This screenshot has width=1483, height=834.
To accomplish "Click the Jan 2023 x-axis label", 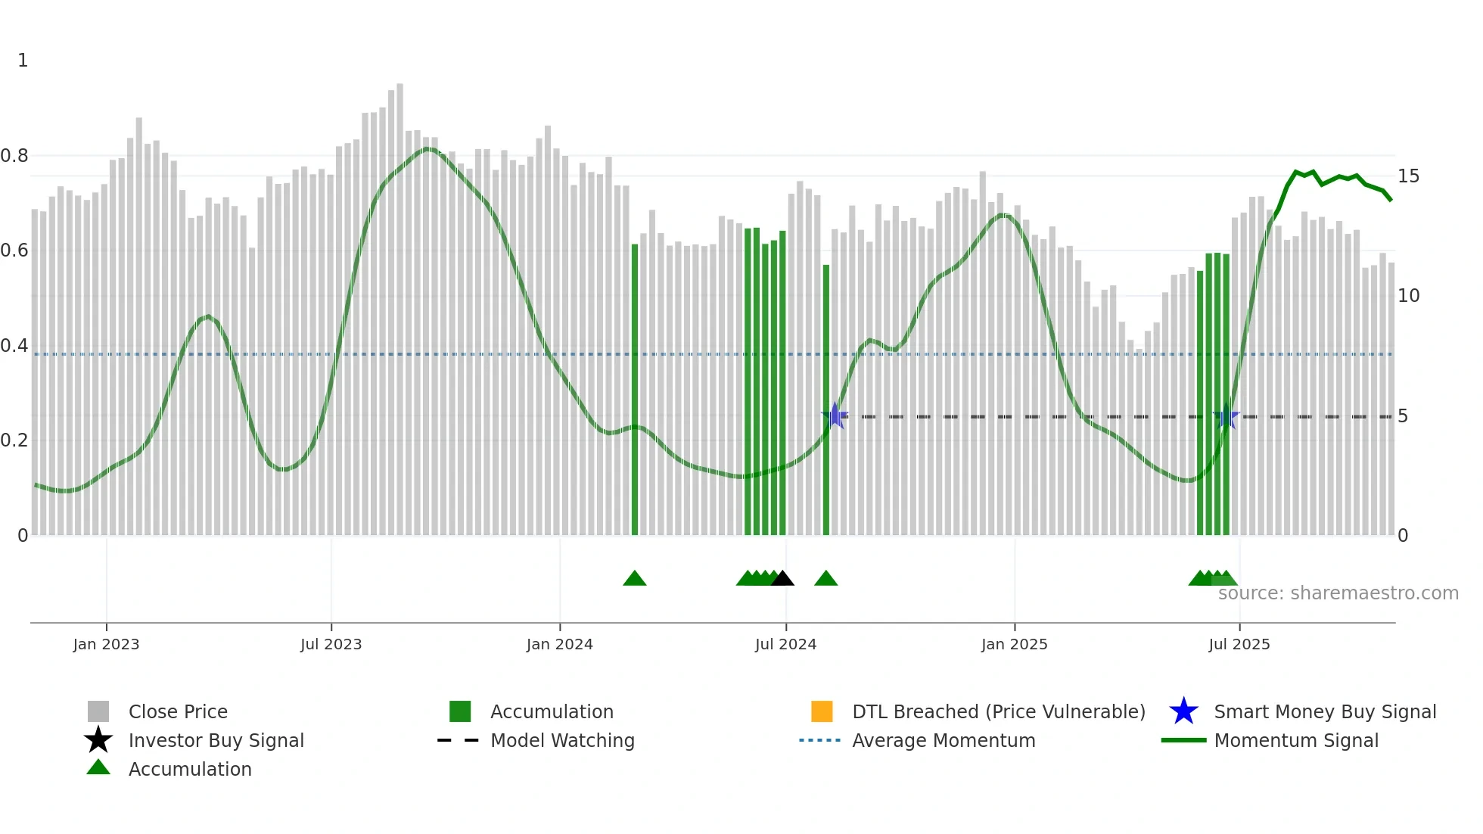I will click(x=106, y=644).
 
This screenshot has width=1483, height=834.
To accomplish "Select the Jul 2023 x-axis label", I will click(x=331, y=644).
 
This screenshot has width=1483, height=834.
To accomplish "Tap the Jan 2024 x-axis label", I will click(x=559, y=644).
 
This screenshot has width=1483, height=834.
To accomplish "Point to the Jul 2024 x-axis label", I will click(x=785, y=644).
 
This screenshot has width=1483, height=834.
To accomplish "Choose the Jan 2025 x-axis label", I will click(x=1014, y=644).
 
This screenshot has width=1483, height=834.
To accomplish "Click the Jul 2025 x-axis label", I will click(x=1239, y=644).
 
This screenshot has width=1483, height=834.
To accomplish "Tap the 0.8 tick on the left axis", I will click(x=14, y=156).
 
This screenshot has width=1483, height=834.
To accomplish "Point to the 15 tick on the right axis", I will click(x=1408, y=176).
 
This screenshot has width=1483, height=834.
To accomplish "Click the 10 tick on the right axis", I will click(x=1408, y=296).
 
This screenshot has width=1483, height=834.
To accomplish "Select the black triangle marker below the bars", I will click(x=782, y=579).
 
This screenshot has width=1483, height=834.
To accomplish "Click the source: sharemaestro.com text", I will click(x=1338, y=593).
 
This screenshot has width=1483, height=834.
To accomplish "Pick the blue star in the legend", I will click(x=1183, y=711).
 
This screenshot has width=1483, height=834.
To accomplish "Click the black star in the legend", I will click(x=98, y=740).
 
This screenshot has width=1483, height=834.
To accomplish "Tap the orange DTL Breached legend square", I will click(x=822, y=711).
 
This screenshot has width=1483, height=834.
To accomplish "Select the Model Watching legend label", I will click(x=562, y=740).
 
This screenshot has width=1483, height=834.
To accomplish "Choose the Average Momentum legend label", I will click(x=944, y=740).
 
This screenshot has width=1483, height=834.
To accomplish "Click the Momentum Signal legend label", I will click(x=1296, y=740).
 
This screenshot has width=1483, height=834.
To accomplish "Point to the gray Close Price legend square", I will click(x=98, y=711).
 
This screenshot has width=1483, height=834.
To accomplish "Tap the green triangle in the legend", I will click(x=98, y=767).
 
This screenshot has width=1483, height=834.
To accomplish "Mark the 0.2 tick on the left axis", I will click(x=14, y=440).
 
